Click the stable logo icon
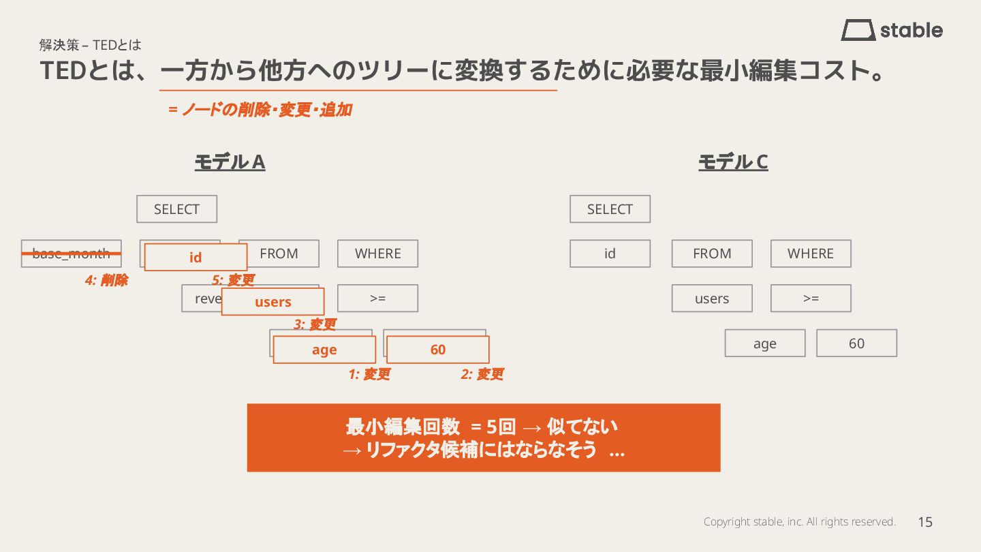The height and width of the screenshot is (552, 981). point(858,30)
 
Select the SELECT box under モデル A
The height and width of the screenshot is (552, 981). point(176,209)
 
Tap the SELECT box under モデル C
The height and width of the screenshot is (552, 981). point(610,209)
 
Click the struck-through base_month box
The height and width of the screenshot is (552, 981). point(71,254)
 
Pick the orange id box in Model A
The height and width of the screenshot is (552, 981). point(196,258)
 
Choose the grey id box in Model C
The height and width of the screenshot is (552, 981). point(610,254)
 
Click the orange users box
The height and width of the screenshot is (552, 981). point(272,302)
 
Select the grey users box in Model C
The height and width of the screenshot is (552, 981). point(712,298)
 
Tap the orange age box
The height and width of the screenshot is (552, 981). point(324,350)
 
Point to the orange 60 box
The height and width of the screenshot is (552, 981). point(438,350)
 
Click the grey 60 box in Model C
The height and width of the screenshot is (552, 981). point(856,343)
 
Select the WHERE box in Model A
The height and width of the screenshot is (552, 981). point(377,254)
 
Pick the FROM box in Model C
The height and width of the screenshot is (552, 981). point(712,254)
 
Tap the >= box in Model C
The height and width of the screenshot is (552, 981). point(811,298)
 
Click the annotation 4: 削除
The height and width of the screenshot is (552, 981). point(106,280)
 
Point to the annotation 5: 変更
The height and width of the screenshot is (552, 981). point(233,280)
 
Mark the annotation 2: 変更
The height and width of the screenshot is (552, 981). point(482,374)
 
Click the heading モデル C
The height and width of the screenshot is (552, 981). point(733,162)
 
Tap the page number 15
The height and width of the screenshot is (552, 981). point(924,522)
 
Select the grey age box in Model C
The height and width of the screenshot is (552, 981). point(765,343)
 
